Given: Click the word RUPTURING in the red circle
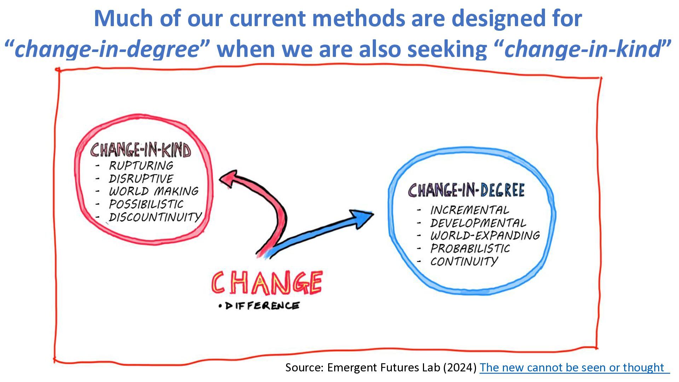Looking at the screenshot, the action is click(141, 166).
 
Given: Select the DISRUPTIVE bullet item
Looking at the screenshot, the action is click(141, 179).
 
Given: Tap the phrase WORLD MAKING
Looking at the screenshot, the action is click(153, 191).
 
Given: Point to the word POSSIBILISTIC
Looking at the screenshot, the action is click(146, 204).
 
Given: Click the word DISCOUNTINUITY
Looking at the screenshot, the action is click(155, 217).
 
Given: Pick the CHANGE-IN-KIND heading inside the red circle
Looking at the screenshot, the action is click(140, 150).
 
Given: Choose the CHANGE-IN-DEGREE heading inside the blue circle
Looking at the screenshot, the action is click(466, 190).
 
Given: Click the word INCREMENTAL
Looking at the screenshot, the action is click(470, 210).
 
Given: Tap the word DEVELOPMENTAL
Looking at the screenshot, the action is click(478, 223).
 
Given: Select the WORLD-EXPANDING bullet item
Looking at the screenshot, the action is click(485, 236).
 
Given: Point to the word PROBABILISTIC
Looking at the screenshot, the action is click(470, 249).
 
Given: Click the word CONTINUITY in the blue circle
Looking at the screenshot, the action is click(464, 261).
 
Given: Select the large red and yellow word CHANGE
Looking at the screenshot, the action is click(267, 283).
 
